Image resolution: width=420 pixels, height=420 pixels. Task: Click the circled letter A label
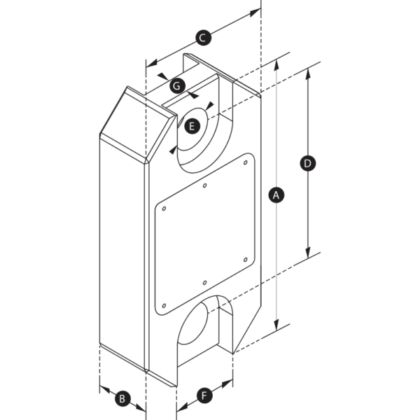(276, 195)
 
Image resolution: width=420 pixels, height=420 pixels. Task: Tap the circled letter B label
(121, 398)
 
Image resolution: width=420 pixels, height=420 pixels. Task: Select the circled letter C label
(202, 38)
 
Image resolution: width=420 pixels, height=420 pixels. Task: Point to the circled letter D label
(307, 163)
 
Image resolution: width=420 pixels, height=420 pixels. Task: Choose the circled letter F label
(204, 397)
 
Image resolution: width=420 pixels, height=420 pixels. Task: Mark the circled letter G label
(176, 86)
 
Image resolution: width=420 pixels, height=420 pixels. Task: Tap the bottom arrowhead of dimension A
(277, 325)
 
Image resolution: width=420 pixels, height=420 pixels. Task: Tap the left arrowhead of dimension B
(103, 387)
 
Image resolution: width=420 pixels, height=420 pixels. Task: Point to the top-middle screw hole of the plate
(203, 186)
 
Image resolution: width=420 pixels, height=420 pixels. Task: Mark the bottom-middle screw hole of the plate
(203, 282)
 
